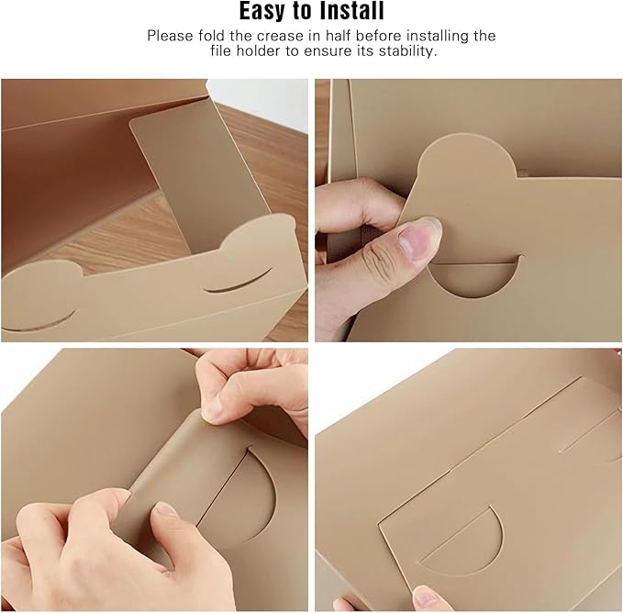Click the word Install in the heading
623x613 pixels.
(x=352, y=11)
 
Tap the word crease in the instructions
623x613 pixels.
(x=280, y=36)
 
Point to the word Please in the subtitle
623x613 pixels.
(x=170, y=36)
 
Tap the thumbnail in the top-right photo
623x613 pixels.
(x=421, y=238)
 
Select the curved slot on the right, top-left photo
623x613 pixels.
(x=239, y=283)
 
